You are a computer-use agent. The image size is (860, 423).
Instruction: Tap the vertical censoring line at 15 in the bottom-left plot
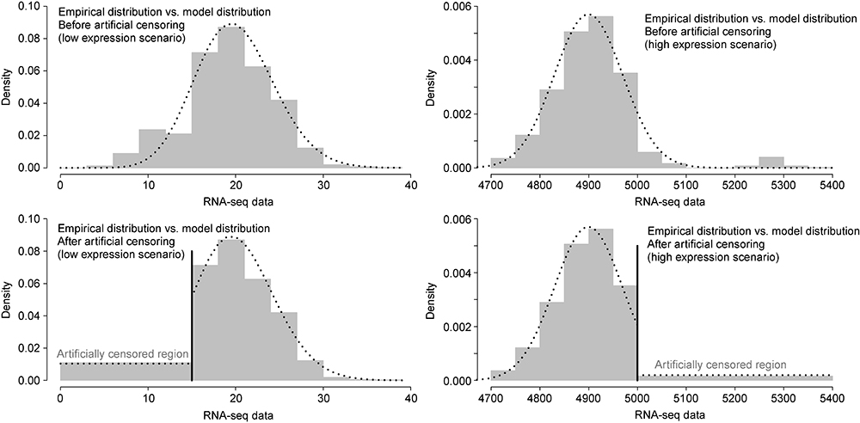(192, 318)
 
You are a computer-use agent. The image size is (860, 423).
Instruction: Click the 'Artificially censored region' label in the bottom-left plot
(123, 354)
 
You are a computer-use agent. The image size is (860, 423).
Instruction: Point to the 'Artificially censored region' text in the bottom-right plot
(720, 365)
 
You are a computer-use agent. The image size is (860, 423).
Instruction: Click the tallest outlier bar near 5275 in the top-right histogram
(771, 162)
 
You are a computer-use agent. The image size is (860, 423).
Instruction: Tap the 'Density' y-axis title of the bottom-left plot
(7, 299)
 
